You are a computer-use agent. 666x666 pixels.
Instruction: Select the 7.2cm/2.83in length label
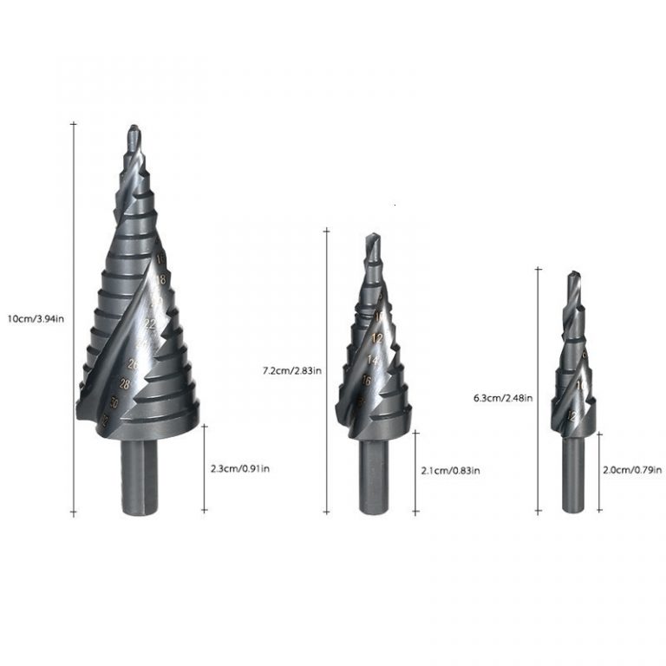pos(292,371)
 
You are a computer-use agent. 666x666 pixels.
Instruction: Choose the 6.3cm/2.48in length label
pos(503,398)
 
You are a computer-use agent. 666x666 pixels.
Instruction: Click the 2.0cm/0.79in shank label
pos(631,471)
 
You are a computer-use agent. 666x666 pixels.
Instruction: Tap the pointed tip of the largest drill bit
pos(133,130)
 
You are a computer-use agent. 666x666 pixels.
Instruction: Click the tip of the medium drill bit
pos(373,237)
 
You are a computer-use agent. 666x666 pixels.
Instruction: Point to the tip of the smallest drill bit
pos(572,276)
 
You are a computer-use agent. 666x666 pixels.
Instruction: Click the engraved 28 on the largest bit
pos(126,384)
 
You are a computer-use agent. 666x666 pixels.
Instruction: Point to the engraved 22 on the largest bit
pos(150,323)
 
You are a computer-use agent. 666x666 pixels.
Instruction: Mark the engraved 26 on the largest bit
pos(133,363)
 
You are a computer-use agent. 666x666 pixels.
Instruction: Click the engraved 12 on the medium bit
pos(377,337)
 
